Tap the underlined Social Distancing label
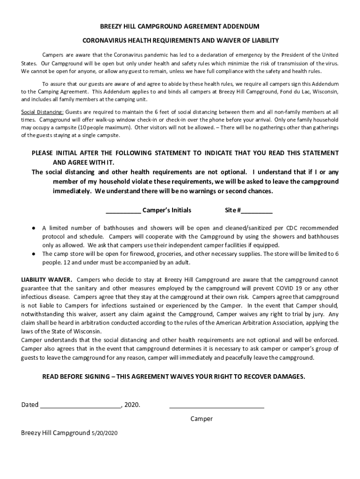tap(43, 112)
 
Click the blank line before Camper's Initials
tap(123, 210)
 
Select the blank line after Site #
tap(257, 210)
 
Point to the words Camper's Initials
tap(166, 210)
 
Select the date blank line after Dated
tap(80, 405)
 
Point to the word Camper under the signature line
tap(202, 419)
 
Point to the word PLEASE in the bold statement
tap(42, 153)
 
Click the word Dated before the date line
tap(30, 405)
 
